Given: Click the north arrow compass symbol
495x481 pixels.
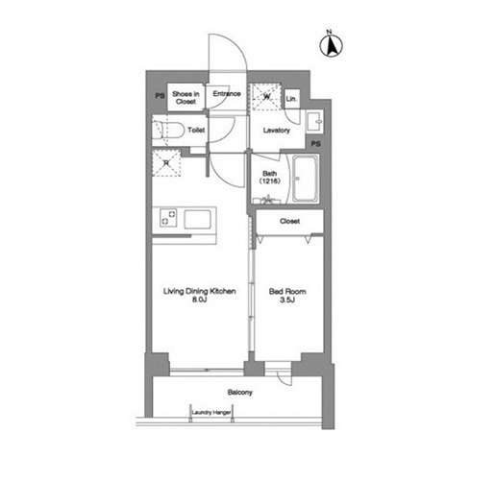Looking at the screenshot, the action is coord(332,45).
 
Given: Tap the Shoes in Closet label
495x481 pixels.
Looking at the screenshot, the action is coord(186,98).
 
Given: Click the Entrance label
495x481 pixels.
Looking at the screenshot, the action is coord(227,94).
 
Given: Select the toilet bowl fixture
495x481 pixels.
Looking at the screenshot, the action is coord(167,131).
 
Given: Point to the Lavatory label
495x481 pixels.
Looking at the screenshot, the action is coord(277,131).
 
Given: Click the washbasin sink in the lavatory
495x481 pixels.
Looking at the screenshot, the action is coord(314,121).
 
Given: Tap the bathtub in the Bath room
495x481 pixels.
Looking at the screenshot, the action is coord(306,179).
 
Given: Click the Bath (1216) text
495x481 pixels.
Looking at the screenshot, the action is coord(270,178).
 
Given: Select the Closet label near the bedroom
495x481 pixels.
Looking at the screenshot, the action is coord(289,221).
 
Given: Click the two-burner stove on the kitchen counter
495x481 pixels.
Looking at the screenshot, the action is coord(168,218).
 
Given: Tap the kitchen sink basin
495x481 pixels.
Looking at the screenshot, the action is coord(197,219).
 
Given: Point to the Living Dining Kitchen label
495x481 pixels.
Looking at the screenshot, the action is coord(200,291).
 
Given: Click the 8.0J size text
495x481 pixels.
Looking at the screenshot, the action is coord(199,300).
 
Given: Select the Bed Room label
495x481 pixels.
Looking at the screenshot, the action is coord(287,292).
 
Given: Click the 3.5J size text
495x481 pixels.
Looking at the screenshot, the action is coord(287,300).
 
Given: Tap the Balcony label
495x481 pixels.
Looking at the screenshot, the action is coord(240,393).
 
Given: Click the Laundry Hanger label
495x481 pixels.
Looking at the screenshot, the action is coord(211,413).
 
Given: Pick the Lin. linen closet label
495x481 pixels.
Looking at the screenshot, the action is coord(291,99).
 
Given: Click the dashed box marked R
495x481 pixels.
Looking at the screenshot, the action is coord(166,163).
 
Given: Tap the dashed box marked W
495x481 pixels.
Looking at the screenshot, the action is coord(266,96).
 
